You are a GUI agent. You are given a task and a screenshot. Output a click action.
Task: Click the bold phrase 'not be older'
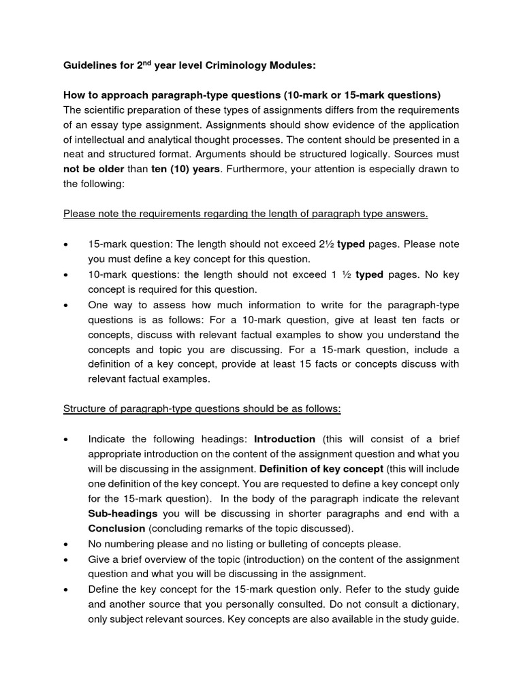pos(94,169)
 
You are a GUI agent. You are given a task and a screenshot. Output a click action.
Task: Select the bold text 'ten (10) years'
pos(186,169)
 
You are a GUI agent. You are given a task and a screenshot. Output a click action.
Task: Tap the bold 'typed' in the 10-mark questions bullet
pos(370,274)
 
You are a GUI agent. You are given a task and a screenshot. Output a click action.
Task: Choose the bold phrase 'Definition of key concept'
pos(321,469)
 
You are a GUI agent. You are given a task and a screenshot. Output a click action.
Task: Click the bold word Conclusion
pos(116,529)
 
